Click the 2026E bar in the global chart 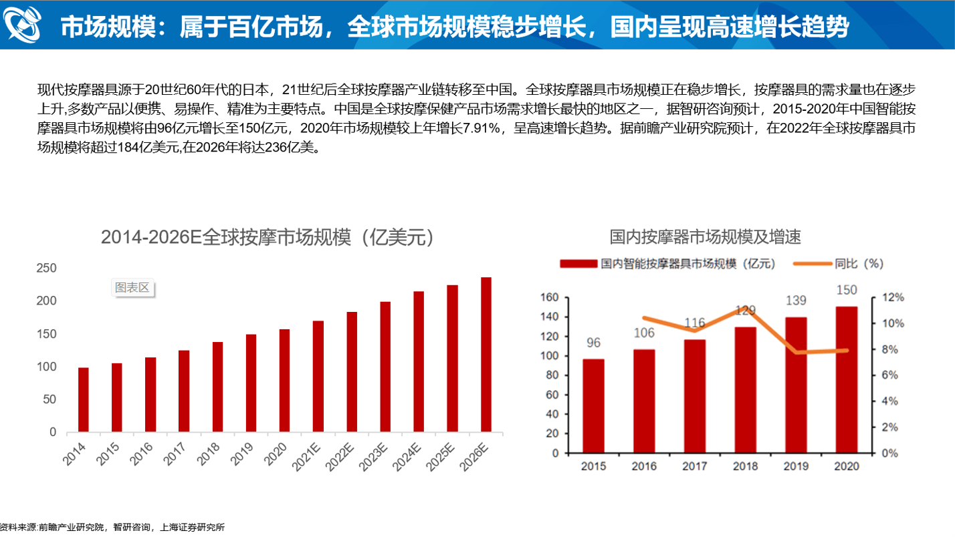coord(486,354)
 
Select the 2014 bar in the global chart coord(84,399)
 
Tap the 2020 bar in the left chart coord(284,380)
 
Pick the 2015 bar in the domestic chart coord(593,405)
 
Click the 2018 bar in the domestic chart coord(745,389)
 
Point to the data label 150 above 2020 coord(846,290)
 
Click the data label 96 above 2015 coord(593,343)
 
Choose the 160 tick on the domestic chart coord(550,297)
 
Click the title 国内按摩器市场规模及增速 coord(705,236)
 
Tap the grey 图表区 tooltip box coord(132,288)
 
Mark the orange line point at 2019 coord(796,352)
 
